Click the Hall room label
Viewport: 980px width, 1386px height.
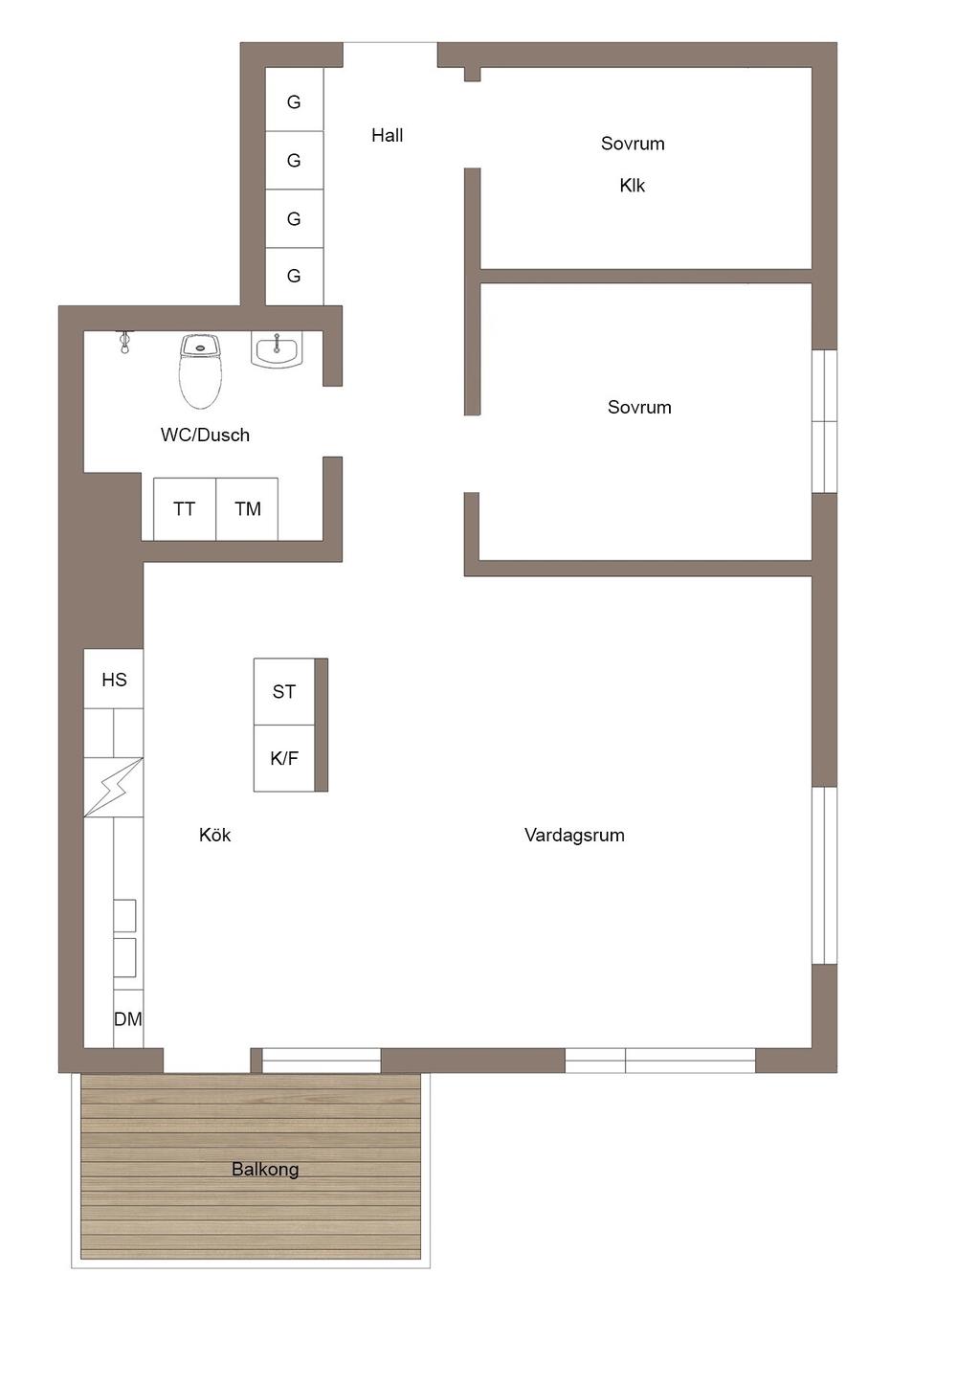coord(388,135)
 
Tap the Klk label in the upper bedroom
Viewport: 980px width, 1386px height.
coord(633,185)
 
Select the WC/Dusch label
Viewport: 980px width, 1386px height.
coord(205,435)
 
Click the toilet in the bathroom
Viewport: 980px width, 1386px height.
coord(200,371)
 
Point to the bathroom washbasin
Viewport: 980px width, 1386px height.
coord(277,349)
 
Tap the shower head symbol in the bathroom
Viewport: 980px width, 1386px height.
coord(125,342)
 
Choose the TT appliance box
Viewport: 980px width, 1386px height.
coord(185,508)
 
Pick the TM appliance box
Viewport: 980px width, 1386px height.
coord(247,508)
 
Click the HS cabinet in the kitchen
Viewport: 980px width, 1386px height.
coord(114,679)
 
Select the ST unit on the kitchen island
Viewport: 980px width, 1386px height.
coord(284,691)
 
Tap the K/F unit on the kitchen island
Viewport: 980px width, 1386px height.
coord(284,758)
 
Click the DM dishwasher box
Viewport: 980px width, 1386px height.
coord(128,1019)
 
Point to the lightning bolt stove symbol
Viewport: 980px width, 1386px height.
coord(114,787)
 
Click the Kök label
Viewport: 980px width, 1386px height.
coord(214,835)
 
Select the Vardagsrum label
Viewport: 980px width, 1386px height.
coord(574,835)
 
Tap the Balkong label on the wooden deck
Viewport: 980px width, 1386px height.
coord(265,1169)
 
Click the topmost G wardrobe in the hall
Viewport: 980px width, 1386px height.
coord(295,101)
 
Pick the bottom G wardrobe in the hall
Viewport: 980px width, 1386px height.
coord(295,276)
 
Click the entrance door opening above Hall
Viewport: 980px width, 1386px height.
coord(390,55)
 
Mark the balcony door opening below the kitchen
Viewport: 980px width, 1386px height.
coord(207,1060)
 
